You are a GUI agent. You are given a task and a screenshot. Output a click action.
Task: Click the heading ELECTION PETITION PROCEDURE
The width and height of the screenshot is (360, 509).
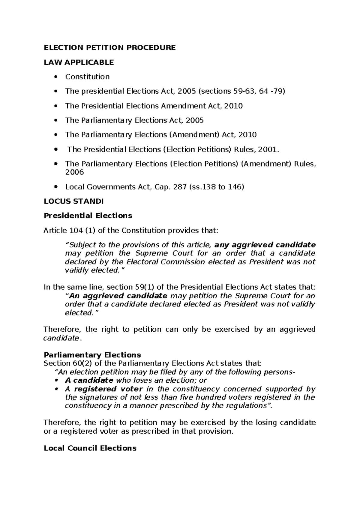109,48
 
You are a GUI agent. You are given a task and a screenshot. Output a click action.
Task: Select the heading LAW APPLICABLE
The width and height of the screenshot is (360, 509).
79,62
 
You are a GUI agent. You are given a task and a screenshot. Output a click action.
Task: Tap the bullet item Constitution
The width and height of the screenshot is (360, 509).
87,77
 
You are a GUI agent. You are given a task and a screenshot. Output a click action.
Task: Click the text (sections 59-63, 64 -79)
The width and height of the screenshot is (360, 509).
241,91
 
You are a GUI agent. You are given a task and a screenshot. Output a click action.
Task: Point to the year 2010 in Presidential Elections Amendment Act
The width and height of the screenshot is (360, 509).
233,106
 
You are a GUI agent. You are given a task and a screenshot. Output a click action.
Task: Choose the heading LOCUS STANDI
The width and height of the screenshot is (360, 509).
73,201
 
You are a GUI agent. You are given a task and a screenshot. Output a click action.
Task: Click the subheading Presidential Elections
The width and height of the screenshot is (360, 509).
88,216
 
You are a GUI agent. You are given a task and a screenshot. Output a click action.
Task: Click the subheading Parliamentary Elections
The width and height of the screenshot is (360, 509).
92,355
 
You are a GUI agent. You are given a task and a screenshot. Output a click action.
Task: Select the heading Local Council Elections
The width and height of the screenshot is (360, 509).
90,448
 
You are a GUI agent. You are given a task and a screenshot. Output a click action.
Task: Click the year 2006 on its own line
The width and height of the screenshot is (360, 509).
74,172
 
